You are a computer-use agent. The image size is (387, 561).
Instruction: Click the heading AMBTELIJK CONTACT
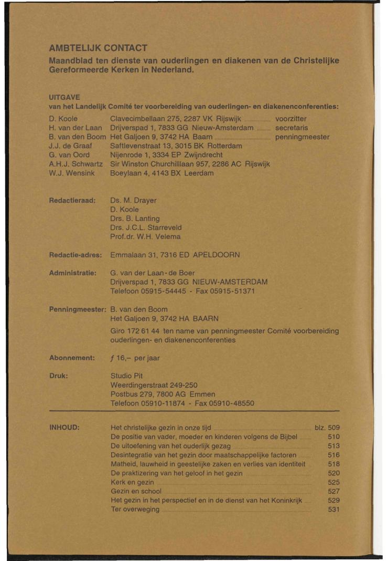click(98, 49)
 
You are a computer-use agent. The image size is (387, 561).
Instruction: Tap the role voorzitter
click(291, 119)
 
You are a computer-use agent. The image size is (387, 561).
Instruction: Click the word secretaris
click(292, 128)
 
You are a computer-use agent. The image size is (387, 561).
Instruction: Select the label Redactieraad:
click(71, 200)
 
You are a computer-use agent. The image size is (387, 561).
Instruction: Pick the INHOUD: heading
click(64, 427)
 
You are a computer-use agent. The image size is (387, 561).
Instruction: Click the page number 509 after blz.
click(334, 427)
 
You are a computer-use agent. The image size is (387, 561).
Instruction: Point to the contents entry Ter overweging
click(135, 510)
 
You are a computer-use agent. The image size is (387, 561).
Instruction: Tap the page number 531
click(334, 510)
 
